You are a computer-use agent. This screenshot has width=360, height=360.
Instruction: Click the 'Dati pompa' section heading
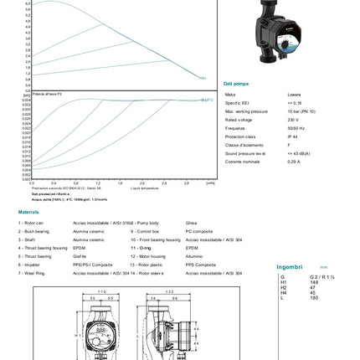click(x=236, y=84)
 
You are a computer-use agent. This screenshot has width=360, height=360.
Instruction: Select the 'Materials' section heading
click(x=28, y=212)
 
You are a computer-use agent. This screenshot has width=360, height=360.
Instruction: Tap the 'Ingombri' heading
click(x=289, y=268)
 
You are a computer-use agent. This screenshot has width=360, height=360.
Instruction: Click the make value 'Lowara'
click(x=295, y=95)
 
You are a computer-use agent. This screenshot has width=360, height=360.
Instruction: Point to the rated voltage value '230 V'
click(x=294, y=120)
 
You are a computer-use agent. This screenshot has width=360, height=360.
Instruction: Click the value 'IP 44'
click(x=293, y=136)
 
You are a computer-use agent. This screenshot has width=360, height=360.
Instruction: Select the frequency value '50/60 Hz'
click(x=296, y=128)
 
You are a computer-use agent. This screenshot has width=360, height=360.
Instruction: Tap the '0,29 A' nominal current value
click(x=294, y=162)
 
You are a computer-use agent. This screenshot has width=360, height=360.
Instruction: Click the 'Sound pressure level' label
click(x=245, y=153)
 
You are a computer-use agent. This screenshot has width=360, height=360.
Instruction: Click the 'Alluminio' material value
click(x=194, y=256)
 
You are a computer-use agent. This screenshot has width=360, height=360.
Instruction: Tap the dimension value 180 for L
click(x=314, y=298)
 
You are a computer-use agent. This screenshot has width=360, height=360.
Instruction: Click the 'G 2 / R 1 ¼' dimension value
click(x=322, y=277)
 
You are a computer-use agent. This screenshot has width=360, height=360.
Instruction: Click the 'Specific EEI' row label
click(x=237, y=103)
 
